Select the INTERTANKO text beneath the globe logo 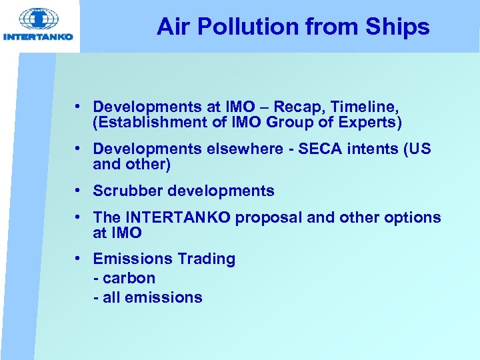click(x=38, y=37)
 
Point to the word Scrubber click(x=127, y=191)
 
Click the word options click(x=413, y=218)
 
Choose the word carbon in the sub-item click(x=129, y=279)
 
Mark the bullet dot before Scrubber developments click(x=79, y=191)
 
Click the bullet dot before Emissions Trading click(x=79, y=259)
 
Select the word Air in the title click(x=171, y=27)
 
